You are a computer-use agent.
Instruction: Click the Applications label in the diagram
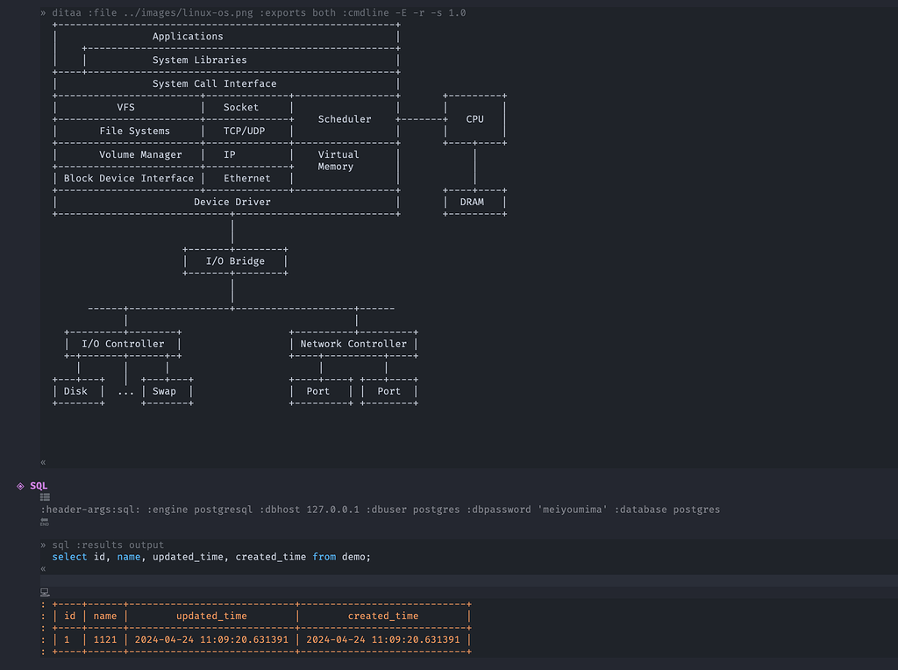(188, 36)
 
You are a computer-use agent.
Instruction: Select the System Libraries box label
(199, 60)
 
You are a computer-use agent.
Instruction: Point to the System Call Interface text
(214, 83)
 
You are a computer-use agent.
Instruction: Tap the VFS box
(126, 107)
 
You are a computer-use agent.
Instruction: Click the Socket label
(241, 107)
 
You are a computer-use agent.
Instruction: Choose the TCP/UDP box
(244, 131)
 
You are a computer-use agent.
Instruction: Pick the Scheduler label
(345, 119)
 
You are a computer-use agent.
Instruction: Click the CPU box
(474, 119)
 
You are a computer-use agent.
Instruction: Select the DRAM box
(472, 202)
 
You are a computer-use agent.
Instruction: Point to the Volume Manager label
(140, 154)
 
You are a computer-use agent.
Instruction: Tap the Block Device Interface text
(129, 178)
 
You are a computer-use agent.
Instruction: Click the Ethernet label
(247, 178)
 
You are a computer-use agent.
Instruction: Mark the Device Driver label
(232, 202)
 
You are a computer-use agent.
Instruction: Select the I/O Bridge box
(235, 260)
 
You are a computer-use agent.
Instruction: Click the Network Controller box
(353, 344)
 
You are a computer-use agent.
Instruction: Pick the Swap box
(164, 391)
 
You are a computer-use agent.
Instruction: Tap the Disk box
(76, 391)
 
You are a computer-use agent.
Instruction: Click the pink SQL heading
(39, 486)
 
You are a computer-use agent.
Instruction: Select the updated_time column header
(211, 616)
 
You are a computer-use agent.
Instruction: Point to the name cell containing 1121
(105, 639)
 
